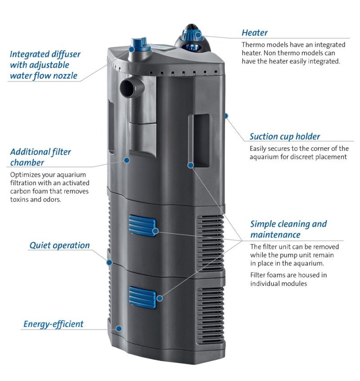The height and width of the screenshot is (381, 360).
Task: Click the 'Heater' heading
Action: tap(254, 33)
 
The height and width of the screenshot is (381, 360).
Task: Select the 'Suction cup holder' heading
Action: tap(284, 136)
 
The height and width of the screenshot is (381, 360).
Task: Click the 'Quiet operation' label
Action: tap(59, 245)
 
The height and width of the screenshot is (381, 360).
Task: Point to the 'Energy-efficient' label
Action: tap(53, 324)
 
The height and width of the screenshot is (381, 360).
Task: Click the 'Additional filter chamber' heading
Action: tap(40, 157)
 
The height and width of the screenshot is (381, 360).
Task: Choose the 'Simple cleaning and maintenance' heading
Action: tap(288, 229)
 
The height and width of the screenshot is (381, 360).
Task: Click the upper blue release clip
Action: tap(142, 226)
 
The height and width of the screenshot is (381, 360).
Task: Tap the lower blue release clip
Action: tap(142, 296)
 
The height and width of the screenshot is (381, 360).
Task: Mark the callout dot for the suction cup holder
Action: tap(226, 116)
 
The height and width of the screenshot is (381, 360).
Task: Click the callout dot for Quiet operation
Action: tap(108, 262)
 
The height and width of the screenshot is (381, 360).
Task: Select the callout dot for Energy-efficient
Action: tap(118, 328)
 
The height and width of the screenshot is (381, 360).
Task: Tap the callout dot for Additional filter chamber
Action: tap(127, 160)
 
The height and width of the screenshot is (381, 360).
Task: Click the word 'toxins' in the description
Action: tap(20, 200)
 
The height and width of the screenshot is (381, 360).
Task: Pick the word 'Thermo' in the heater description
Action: tap(252, 45)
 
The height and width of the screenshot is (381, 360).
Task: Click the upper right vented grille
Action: tap(210, 241)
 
